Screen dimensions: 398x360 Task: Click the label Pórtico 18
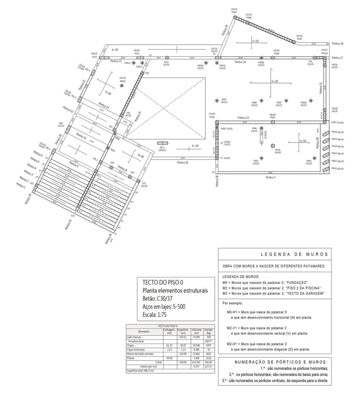(x=337, y=44)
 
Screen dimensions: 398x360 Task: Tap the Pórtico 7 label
(x=271, y=178)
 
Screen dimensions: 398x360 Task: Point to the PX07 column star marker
(x=216, y=100)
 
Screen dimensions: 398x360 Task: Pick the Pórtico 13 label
(x=243, y=117)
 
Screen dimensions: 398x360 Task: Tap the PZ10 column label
(x=94, y=57)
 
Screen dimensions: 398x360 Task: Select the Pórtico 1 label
(x=21, y=186)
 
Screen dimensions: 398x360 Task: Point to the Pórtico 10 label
(x=181, y=163)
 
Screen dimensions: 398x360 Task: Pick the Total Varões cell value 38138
(x=209, y=362)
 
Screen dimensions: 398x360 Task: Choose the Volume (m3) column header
(x=196, y=331)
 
